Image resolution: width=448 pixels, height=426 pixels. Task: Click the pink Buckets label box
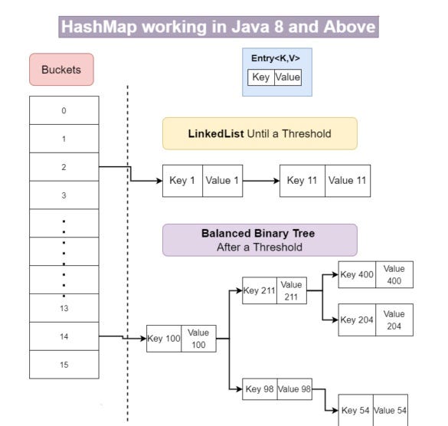tap(61, 69)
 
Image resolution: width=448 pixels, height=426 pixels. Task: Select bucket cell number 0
tap(64, 110)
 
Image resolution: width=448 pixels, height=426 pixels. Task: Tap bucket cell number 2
tap(64, 167)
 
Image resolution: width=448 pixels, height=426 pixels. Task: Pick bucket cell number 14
tap(64, 336)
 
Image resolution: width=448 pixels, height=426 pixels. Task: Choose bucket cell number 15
tap(64, 365)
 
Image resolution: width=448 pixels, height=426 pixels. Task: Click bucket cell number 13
tap(64, 308)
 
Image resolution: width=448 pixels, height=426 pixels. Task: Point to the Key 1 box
tap(182, 181)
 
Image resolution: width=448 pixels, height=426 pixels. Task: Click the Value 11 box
tap(348, 181)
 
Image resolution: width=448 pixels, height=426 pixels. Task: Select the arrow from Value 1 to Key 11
tap(260, 181)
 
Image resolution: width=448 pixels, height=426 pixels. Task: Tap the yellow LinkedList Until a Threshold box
tap(260, 133)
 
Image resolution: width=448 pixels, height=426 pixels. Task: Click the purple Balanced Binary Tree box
tap(260, 240)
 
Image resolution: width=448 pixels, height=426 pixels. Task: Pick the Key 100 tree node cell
tap(165, 338)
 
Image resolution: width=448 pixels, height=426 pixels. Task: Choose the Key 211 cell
tap(260, 290)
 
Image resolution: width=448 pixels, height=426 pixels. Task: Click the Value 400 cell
tap(394, 275)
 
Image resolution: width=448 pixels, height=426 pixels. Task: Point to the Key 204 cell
tap(358, 319)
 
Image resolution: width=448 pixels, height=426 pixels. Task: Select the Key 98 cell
tap(260, 389)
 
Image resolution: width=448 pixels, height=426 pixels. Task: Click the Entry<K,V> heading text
tap(276, 58)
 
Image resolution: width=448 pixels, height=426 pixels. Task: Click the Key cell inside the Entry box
tap(261, 77)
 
